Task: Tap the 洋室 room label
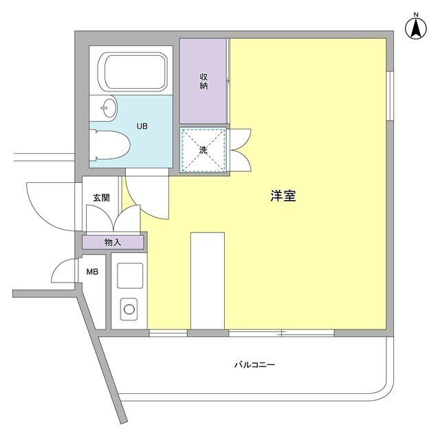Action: [x=283, y=196]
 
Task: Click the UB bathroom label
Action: [x=142, y=126]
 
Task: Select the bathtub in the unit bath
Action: [x=135, y=71]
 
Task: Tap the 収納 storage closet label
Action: [x=204, y=80]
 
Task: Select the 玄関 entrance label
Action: [x=102, y=198]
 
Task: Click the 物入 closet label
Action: [x=113, y=242]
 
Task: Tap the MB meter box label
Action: [x=92, y=272]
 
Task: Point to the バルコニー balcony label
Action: [x=254, y=364]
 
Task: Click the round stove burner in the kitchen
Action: [x=129, y=309]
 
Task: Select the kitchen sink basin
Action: [x=129, y=275]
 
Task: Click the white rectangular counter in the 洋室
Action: [x=207, y=280]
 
